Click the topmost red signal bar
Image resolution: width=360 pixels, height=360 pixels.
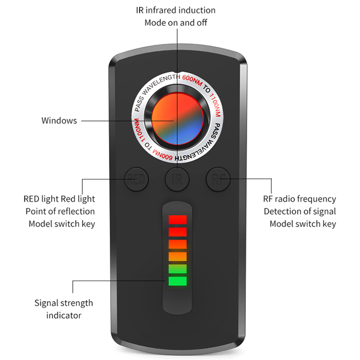[x=177, y=220]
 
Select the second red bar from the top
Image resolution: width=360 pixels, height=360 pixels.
[x=177, y=232]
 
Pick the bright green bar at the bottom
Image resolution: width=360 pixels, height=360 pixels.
[x=177, y=282]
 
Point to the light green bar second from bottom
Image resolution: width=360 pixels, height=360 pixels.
[x=177, y=269]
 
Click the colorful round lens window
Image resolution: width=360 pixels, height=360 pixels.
[x=177, y=120]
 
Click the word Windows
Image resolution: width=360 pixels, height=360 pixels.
[x=59, y=121]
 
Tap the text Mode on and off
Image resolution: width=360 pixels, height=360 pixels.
[x=176, y=22]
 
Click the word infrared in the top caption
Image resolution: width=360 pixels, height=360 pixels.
[x=163, y=10]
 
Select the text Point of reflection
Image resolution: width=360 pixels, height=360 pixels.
[x=60, y=211]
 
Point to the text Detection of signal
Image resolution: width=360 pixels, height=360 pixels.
[x=300, y=211]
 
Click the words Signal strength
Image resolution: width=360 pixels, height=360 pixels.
[x=64, y=303]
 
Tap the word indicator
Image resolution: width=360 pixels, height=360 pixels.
[x=64, y=315]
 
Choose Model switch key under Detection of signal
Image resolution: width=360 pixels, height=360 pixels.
[x=302, y=224]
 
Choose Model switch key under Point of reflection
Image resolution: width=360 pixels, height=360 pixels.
[x=62, y=224]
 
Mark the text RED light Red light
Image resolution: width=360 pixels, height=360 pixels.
[x=59, y=199]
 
